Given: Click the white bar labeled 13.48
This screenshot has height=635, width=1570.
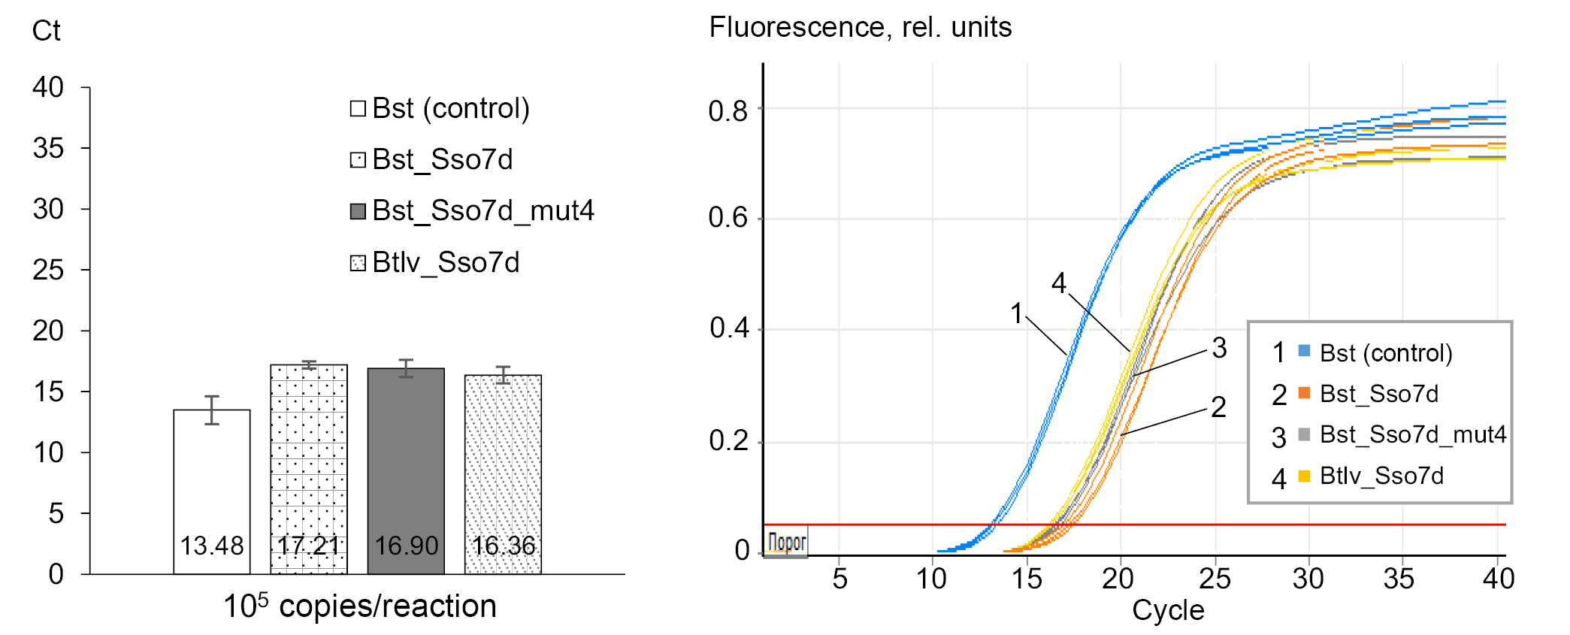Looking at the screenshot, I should click(212, 481).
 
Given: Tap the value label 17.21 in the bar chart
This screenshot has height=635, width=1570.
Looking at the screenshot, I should click(309, 546).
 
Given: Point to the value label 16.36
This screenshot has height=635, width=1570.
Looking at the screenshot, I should click(504, 546).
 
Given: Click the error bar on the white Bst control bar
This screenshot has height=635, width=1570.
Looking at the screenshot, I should click(212, 410).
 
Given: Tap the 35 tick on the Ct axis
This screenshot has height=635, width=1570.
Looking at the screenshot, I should click(48, 148).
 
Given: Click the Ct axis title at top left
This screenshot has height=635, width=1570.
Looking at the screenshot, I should click(46, 31).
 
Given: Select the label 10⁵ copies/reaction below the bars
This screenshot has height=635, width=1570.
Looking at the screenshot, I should click(360, 606).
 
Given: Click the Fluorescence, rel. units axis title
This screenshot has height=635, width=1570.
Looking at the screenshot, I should click(860, 28).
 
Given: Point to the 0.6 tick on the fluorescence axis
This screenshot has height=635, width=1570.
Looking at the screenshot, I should click(728, 218).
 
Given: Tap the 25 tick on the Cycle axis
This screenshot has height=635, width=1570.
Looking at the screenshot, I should click(1215, 579).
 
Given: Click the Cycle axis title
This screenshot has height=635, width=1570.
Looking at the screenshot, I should click(1168, 610).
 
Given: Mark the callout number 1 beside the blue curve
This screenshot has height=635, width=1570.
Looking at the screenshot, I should click(1017, 313).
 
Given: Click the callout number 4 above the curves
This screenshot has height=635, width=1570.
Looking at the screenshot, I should click(1058, 283).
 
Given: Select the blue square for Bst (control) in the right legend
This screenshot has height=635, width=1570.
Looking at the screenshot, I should click(1304, 351).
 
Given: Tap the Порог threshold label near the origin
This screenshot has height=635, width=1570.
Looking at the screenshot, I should click(787, 542).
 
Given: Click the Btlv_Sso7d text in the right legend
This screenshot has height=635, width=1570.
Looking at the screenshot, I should click(1381, 476).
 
